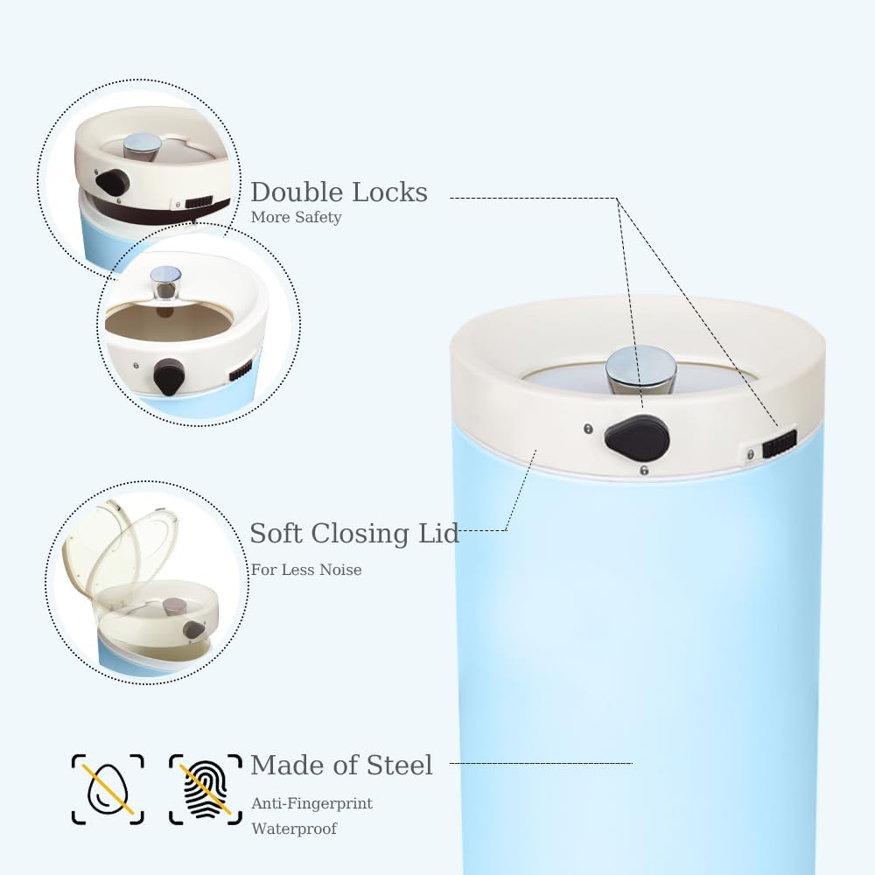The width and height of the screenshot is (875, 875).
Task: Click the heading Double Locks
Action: (x=339, y=192)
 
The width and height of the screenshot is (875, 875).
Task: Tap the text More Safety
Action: (x=296, y=217)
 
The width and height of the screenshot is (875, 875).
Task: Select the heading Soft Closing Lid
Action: (x=354, y=533)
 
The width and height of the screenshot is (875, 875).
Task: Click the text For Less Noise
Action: (x=306, y=570)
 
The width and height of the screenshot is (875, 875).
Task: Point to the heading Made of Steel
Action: (x=341, y=766)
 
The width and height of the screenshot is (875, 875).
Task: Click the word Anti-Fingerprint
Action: (x=311, y=803)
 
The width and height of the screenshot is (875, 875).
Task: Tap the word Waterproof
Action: (x=294, y=828)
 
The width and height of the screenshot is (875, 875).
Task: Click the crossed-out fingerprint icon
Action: (x=206, y=789)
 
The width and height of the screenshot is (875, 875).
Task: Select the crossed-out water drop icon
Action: (x=108, y=789)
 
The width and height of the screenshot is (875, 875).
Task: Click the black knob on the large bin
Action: (x=637, y=438)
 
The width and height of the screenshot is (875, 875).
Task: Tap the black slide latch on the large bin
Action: (x=779, y=444)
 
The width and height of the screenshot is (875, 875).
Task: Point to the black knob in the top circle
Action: (x=112, y=183)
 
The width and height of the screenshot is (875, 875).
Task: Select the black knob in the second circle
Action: (x=169, y=377)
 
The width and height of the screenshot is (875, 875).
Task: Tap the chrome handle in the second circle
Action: (x=165, y=282)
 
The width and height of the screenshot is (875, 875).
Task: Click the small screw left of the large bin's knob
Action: (x=587, y=429)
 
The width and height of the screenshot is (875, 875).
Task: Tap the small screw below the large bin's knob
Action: (x=644, y=471)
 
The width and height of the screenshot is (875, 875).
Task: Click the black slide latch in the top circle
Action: (x=198, y=202)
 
